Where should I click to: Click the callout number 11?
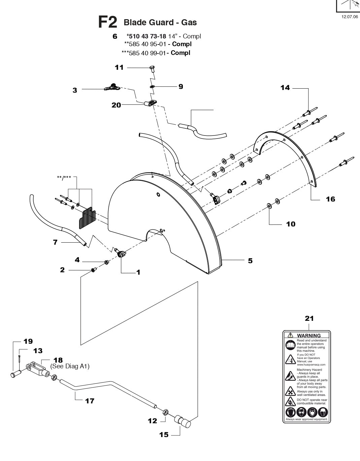click(x=119, y=67)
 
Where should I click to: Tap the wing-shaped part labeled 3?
click(x=112, y=88)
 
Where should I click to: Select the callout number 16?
click(x=330, y=199)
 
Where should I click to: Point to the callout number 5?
click(x=250, y=260)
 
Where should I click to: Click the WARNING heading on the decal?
click(x=308, y=335)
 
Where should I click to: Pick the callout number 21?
click(x=309, y=318)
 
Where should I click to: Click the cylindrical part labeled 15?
click(x=183, y=422)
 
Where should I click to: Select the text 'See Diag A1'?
click(x=70, y=366)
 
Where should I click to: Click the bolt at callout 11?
click(x=152, y=69)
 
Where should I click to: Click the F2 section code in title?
click(x=107, y=22)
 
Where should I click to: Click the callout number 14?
click(x=285, y=88)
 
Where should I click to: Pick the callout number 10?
click(x=291, y=224)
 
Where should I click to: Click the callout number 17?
click(x=90, y=401)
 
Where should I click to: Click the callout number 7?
click(x=55, y=242)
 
